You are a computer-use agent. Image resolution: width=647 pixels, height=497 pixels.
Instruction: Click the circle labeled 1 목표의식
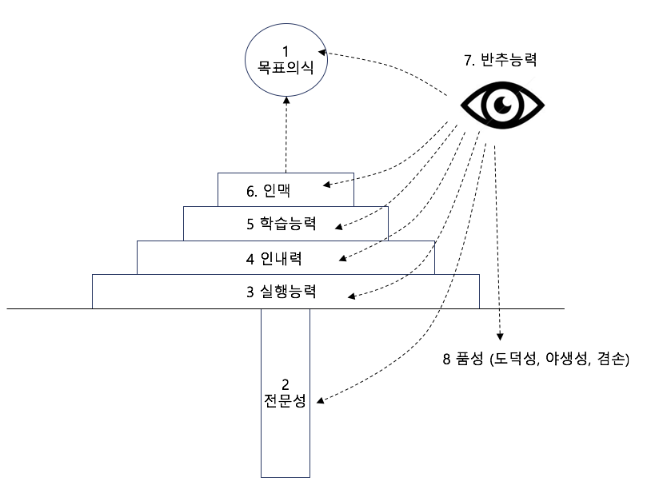coord(286,60)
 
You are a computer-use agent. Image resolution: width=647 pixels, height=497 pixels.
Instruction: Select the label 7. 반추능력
coord(500,60)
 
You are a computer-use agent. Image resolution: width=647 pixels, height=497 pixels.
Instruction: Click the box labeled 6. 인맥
coord(286,189)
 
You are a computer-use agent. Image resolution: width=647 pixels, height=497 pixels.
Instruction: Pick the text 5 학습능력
coord(282,224)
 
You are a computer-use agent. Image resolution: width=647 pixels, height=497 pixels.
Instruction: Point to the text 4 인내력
coord(274,259)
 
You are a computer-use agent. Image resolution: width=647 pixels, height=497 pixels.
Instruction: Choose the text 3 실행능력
coord(282,292)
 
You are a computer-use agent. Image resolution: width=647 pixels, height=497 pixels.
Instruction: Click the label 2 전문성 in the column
coord(286,393)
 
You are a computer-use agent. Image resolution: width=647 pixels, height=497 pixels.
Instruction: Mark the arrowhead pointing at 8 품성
coord(500,336)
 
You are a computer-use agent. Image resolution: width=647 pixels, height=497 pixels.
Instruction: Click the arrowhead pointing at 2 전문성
coord(320,399)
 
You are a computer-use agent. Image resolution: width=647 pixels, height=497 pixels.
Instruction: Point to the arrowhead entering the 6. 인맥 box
coord(327,185)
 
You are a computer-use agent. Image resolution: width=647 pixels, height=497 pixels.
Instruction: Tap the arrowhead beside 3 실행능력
coord(352,296)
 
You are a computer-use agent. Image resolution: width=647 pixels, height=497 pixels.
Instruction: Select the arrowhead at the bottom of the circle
coord(286,101)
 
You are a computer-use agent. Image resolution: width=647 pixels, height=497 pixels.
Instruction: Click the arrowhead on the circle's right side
coord(322,52)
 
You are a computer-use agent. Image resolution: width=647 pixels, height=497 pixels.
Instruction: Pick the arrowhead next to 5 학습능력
coord(339,226)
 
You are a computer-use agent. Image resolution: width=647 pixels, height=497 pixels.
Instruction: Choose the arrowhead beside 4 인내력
coord(342,258)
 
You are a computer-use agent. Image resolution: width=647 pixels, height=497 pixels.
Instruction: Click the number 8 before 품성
coord(446,359)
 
